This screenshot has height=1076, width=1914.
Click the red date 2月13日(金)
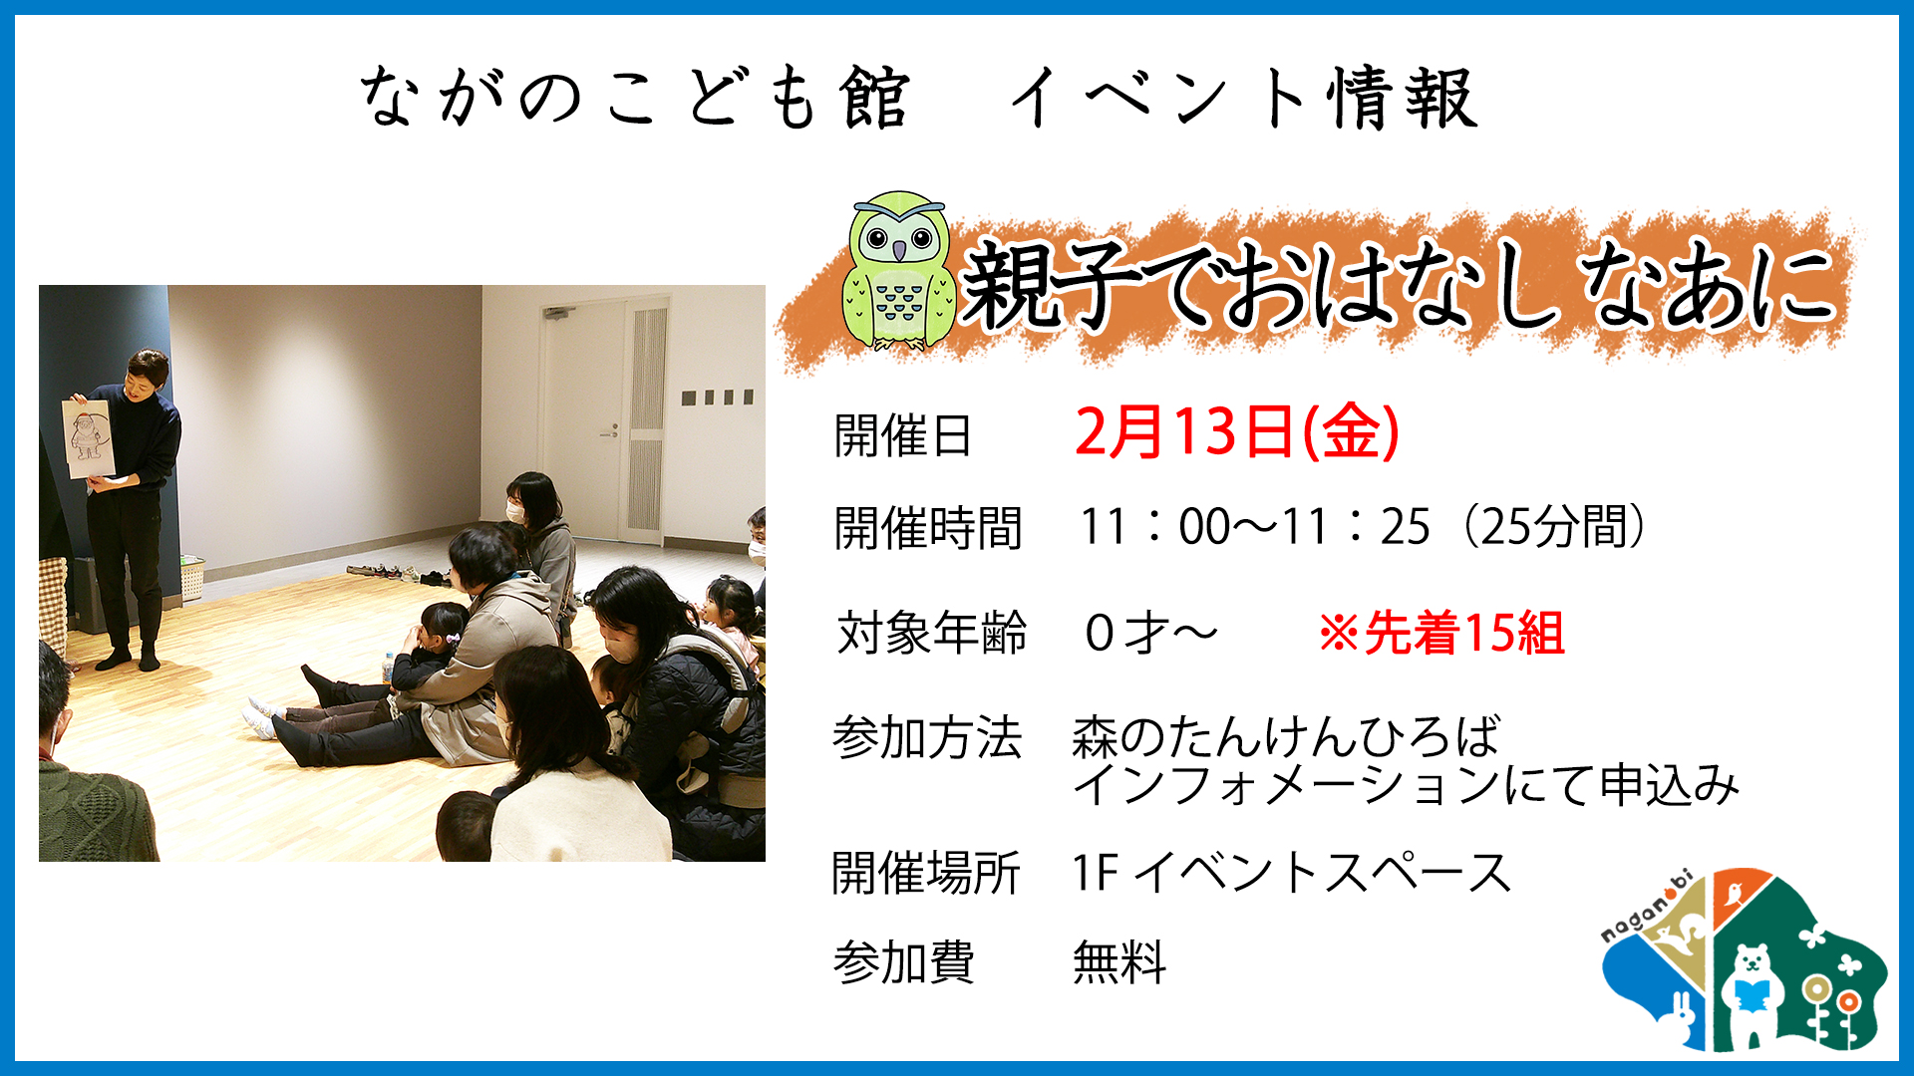pyautogui.click(x=1237, y=431)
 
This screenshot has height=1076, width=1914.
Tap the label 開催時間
pyautogui.click(x=928, y=528)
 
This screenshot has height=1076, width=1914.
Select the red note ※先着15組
pyautogui.click(x=1441, y=633)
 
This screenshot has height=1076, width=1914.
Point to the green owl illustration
pyautogui.click(x=898, y=271)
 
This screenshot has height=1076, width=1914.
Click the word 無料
pyautogui.click(x=1119, y=962)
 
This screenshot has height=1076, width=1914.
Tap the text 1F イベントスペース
pyautogui.click(x=1292, y=873)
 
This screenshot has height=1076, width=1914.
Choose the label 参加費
pyautogui.click(x=903, y=962)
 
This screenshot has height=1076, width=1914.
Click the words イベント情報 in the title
pyautogui.click(x=1243, y=98)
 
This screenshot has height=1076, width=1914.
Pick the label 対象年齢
pyautogui.click(x=931, y=633)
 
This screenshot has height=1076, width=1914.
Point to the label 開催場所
pyautogui.click(x=926, y=873)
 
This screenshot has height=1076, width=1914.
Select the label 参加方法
pyautogui.click(x=928, y=738)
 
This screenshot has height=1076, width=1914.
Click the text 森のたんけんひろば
pyautogui.click(x=1286, y=737)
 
